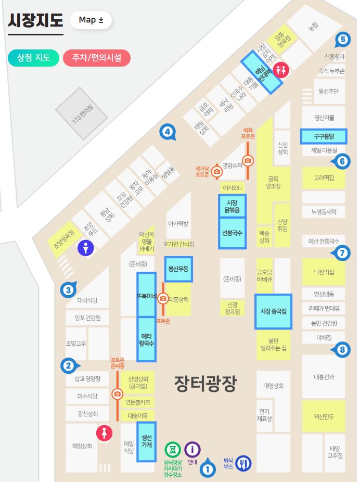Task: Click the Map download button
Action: tap(91, 20)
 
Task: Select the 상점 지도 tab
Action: tap(33, 57)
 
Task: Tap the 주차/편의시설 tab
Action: tap(96, 57)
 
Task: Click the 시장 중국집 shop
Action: tap(273, 311)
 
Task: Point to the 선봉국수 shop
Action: tap(232, 233)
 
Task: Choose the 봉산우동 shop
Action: tap(178, 269)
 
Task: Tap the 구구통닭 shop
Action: tap(323, 136)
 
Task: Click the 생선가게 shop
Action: tap(146, 441)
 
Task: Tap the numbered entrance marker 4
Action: tap(167, 132)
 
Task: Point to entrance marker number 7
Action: tap(341, 253)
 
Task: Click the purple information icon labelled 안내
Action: tap(192, 449)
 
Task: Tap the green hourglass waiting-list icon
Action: tap(173, 449)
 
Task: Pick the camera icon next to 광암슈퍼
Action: tap(248, 160)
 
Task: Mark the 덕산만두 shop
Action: tap(324, 416)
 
